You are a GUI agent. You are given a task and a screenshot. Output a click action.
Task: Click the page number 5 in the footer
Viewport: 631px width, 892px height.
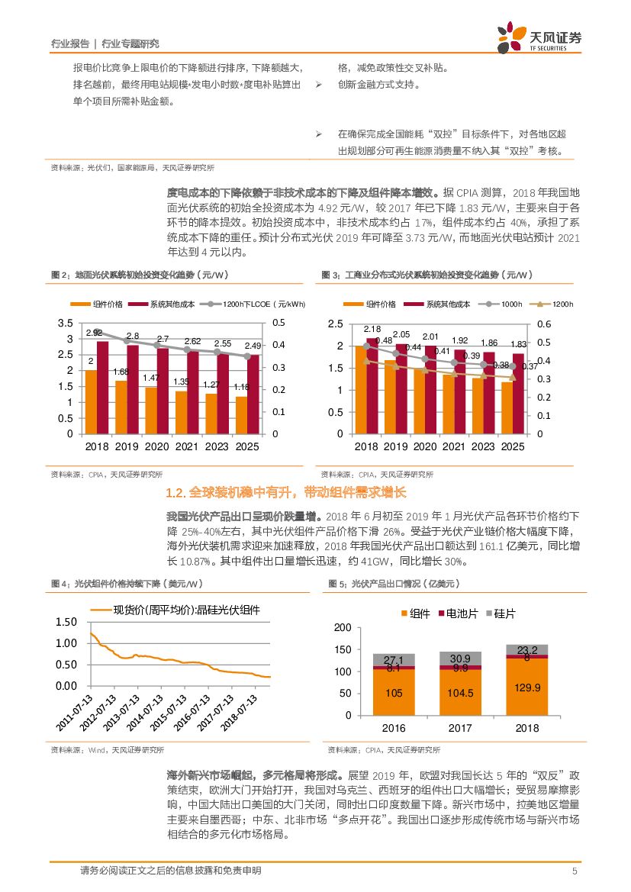pos(574,871)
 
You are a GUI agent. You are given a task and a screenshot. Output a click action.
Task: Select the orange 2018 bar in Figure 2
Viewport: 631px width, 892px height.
pos(92,401)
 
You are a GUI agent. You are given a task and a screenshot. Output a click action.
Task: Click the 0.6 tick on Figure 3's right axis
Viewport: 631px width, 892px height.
pos(542,324)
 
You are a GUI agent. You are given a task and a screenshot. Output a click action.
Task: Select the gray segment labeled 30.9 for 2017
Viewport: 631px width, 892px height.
pos(460,658)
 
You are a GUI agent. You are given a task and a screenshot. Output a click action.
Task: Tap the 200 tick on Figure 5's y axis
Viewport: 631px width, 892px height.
pos(343,627)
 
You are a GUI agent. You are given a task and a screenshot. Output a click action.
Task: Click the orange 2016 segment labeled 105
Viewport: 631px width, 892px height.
pos(394,692)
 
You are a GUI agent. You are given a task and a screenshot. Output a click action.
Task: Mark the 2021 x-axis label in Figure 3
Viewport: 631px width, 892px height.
pos(454,446)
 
